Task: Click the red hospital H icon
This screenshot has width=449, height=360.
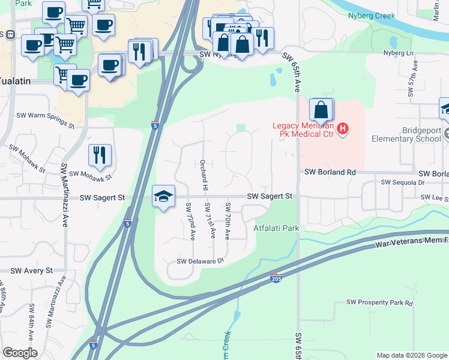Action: click(343, 128)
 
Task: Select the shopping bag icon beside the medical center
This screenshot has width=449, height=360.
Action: click(321, 110)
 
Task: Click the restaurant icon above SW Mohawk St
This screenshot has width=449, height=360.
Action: click(100, 155)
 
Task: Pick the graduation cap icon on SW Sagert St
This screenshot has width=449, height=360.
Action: click(163, 196)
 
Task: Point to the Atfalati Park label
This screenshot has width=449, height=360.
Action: click(276, 228)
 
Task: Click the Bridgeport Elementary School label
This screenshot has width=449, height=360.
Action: click(406, 134)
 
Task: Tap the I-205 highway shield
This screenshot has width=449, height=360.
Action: click(276, 280)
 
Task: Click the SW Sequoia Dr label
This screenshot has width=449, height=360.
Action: click(403, 182)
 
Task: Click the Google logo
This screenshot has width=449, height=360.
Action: click(20, 353)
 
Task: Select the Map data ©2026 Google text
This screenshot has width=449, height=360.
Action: click(412, 355)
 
